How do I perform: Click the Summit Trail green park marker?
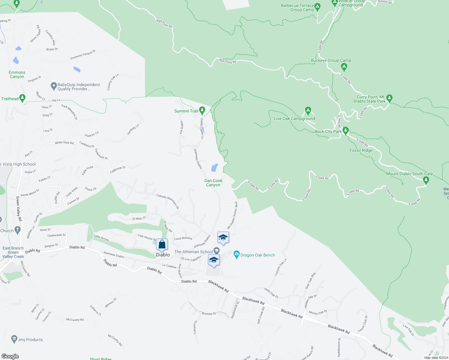(x=202, y=110)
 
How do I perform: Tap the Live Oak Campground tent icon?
(x=308, y=111)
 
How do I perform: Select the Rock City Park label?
(x=328, y=131)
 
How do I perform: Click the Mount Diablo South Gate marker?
(x=426, y=180)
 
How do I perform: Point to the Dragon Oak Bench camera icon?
(x=237, y=255)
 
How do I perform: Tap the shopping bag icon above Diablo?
(x=162, y=244)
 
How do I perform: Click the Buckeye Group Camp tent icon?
(x=344, y=67)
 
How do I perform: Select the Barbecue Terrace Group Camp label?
(x=297, y=8)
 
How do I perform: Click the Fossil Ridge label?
(x=361, y=150)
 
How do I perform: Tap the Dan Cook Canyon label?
(x=213, y=183)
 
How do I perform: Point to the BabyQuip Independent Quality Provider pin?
(x=54, y=86)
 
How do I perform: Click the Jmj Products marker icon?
(x=14, y=339)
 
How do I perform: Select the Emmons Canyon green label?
(x=17, y=74)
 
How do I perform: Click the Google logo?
(x=10, y=356)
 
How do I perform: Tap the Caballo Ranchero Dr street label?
(x=167, y=201)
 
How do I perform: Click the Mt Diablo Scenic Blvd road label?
(x=232, y=215)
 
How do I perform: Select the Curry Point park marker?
(x=389, y=98)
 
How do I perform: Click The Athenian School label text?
(x=193, y=252)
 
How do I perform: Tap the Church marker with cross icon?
(x=17, y=230)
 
